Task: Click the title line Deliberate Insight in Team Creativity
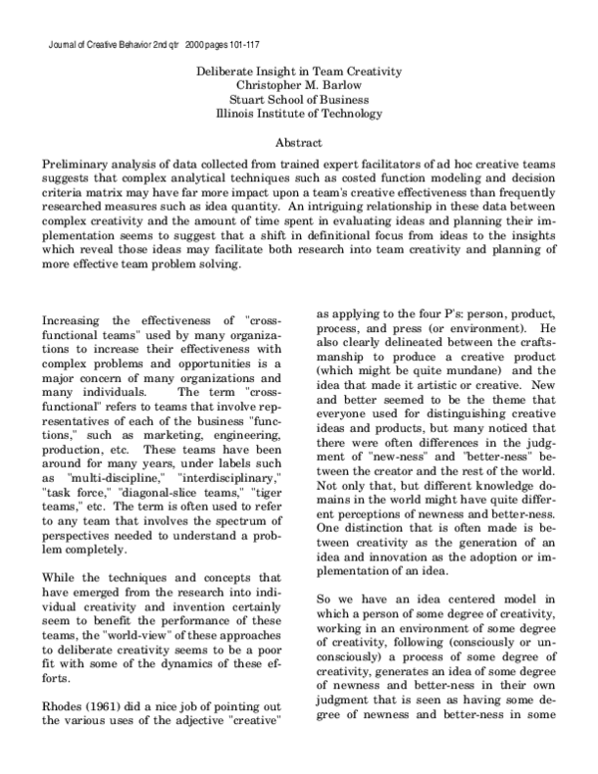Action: pyautogui.click(x=298, y=71)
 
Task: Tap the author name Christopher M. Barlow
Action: pyautogui.click(x=298, y=85)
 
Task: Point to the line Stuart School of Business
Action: pyautogui.click(x=298, y=100)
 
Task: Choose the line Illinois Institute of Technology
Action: pyautogui.click(x=298, y=114)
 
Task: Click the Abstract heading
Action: pyautogui.click(x=298, y=143)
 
